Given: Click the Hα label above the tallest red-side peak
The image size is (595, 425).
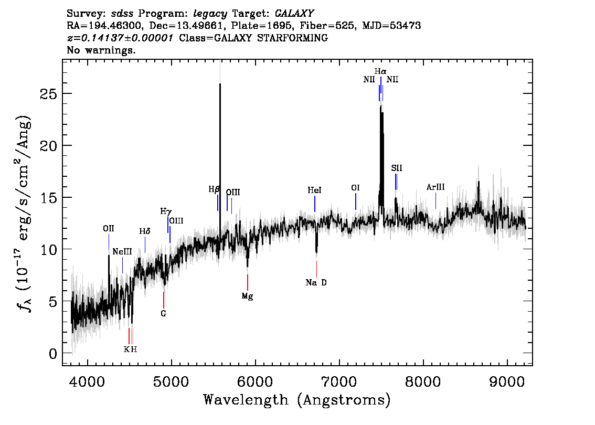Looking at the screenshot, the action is point(380,71).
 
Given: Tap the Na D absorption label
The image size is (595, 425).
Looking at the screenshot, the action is point(316,283).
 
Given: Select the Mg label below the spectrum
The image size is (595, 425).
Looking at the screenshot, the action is point(248,296).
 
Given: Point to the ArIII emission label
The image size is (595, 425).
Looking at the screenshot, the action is point(435,187).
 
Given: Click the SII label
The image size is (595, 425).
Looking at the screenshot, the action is point(397,168).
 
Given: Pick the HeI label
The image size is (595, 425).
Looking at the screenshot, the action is point(315,190).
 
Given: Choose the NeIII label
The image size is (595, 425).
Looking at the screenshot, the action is point(122,252).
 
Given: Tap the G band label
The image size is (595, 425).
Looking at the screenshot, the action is point(164,314).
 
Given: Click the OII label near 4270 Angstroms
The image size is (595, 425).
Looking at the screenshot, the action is point(109,229).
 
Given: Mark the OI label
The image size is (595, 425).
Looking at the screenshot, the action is point(356,188).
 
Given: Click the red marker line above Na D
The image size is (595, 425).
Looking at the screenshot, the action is point(316,269).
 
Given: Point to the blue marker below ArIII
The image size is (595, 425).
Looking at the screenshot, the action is point(435,201).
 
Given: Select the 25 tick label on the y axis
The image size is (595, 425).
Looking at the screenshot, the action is point(49,94).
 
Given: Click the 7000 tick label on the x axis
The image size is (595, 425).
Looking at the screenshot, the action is point(339,381).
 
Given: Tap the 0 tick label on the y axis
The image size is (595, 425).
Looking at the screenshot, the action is point(53,354).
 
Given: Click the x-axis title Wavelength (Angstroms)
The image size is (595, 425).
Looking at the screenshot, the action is point(297,400).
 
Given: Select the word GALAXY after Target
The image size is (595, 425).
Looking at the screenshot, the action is point(294,14).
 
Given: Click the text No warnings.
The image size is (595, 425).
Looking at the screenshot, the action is point(101,50).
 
